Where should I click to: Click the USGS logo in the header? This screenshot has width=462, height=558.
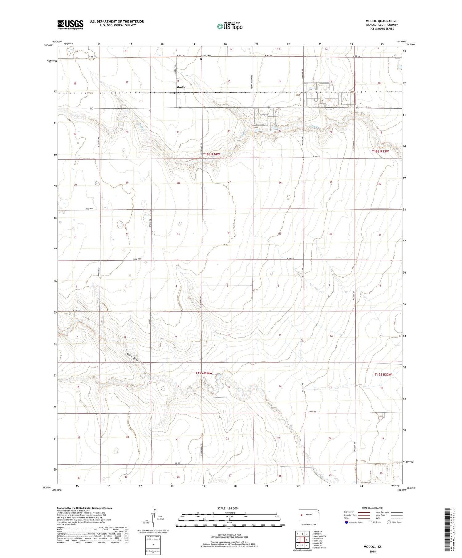click(x=70, y=25)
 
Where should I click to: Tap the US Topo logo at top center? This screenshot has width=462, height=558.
click(x=230, y=26)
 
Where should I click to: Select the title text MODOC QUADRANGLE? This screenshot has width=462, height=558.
click(x=382, y=21)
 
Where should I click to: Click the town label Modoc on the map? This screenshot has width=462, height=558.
click(x=181, y=87)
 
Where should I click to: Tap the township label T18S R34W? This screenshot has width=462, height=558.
click(x=211, y=154)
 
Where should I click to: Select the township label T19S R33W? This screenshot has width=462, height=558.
click(x=383, y=375)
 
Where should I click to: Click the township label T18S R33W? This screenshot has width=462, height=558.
click(x=380, y=151)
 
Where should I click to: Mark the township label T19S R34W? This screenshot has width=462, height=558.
click(x=204, y=373)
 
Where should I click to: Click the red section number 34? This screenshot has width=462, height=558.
click(x=229, y=233)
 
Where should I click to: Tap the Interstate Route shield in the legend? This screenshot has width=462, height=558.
click(x=346, y=522)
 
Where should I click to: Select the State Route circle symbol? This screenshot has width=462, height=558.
click(x=389, y=522)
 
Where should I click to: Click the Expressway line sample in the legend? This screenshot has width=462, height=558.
click(x=363, y=512)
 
